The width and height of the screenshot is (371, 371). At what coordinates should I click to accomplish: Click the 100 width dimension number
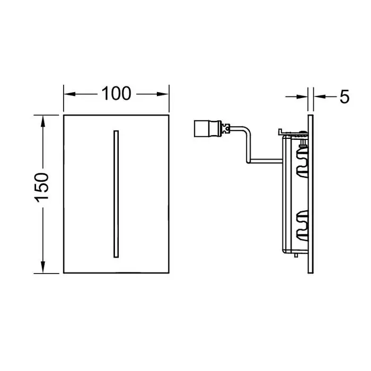click(116, 93)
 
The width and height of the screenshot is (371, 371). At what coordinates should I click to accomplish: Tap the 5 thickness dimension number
click(344, 96)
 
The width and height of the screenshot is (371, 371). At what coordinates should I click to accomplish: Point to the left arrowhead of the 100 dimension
click(69, 94)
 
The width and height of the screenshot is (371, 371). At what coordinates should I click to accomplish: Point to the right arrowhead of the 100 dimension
click(163, 94)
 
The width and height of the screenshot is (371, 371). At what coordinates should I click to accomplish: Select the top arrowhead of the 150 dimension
click(43, 121)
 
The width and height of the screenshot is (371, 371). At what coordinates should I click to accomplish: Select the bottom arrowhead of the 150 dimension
click(43, 267)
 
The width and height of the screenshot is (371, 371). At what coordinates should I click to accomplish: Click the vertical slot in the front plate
click(116, 194)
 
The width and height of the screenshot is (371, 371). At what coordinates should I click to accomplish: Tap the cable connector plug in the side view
click(208, 129)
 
